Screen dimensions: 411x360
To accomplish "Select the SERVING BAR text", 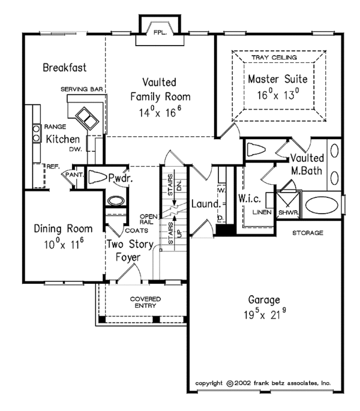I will click(82, 89).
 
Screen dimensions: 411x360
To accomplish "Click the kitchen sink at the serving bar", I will click(86, 116).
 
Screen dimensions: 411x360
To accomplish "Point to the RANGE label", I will click(55, 127).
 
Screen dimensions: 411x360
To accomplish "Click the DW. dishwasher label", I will click(75, 149).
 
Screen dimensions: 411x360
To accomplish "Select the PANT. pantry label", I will click(74, 175).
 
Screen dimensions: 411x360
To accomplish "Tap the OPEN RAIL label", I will click(148, 219).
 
